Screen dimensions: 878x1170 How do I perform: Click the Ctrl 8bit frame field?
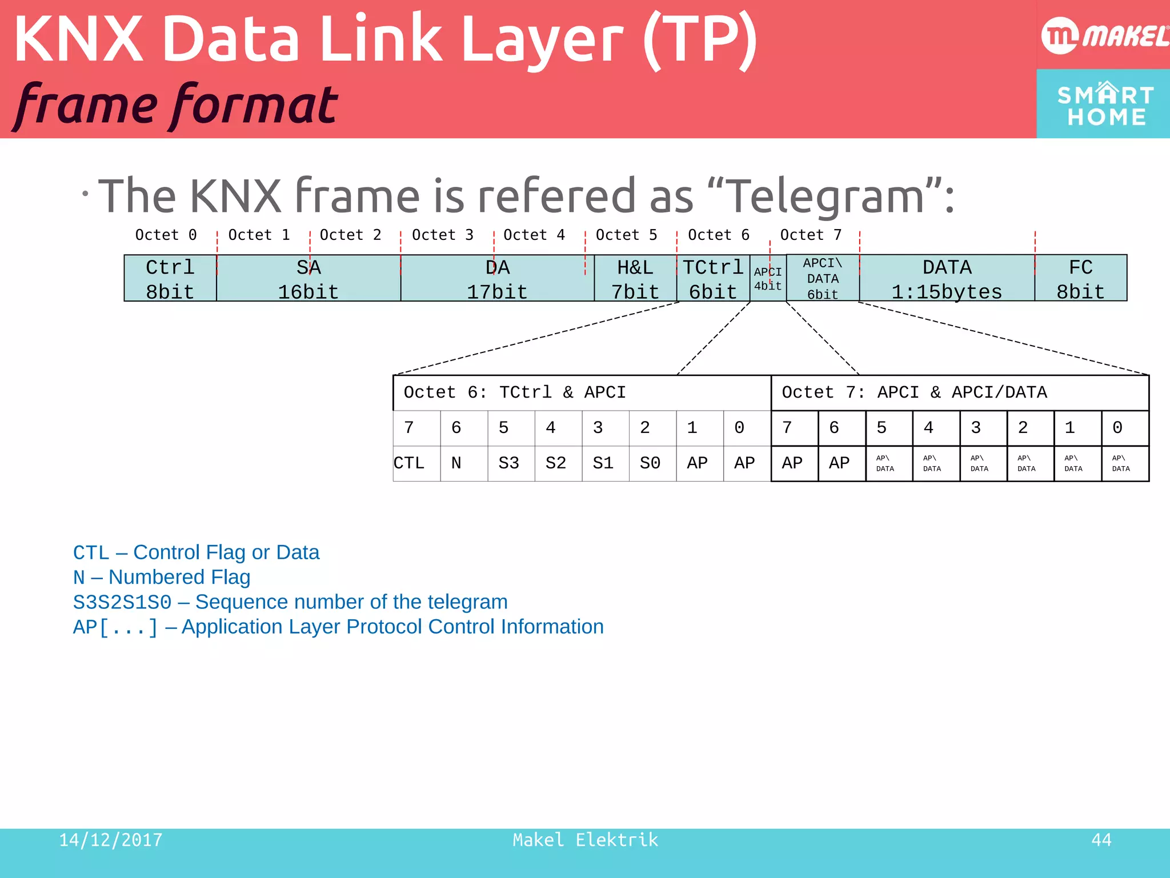(170, 279)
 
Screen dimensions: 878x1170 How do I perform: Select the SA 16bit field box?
(308, 279)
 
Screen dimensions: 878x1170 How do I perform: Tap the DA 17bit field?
(497, 279)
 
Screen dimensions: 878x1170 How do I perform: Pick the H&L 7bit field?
(635, 279)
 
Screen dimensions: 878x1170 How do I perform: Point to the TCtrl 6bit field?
(713, 279)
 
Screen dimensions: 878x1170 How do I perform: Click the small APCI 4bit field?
(768, 279)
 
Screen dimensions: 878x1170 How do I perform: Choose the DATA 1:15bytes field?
(947, 279)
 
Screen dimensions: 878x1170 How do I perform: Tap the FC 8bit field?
(1080, 279)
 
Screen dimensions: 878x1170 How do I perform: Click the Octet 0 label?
(166, 235)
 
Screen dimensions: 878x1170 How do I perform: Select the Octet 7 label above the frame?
(811, 235)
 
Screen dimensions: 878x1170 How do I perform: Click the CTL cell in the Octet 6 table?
(409, 463)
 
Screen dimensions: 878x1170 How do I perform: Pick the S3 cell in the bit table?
(508, 463)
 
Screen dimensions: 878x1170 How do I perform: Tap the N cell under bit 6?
(456, 463)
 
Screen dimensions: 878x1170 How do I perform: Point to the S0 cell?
(650, 463)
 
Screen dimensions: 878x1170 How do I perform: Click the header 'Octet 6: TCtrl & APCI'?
(515, 392)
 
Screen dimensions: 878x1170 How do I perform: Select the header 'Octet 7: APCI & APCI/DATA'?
(914, 392)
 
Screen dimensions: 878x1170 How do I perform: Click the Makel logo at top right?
(1104, 35)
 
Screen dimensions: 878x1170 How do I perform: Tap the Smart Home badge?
(1104, 104)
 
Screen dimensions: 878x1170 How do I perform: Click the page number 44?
(1101, 840)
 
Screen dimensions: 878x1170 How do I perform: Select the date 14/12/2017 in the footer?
(111, 840)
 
